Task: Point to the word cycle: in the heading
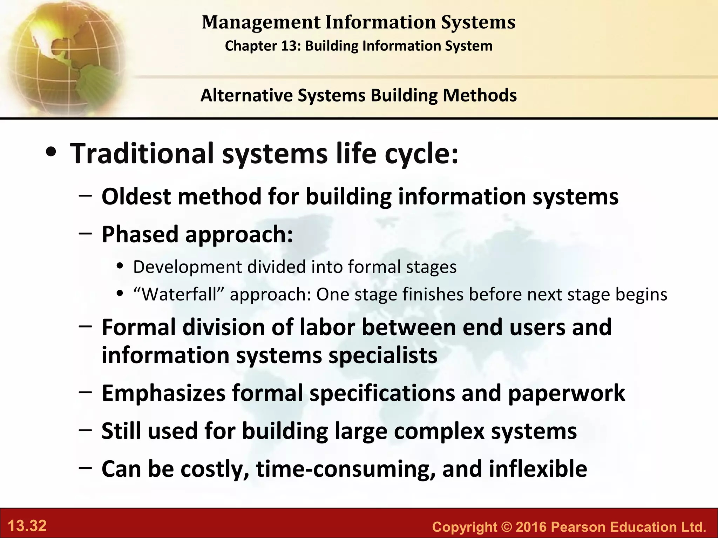(421, 154)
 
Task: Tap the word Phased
(140, 234)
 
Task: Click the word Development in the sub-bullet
(188, 267)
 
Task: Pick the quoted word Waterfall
(179, 294)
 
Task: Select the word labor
(327, 327)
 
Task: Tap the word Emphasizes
(163, 393)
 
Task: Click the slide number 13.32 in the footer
(27, 526)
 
